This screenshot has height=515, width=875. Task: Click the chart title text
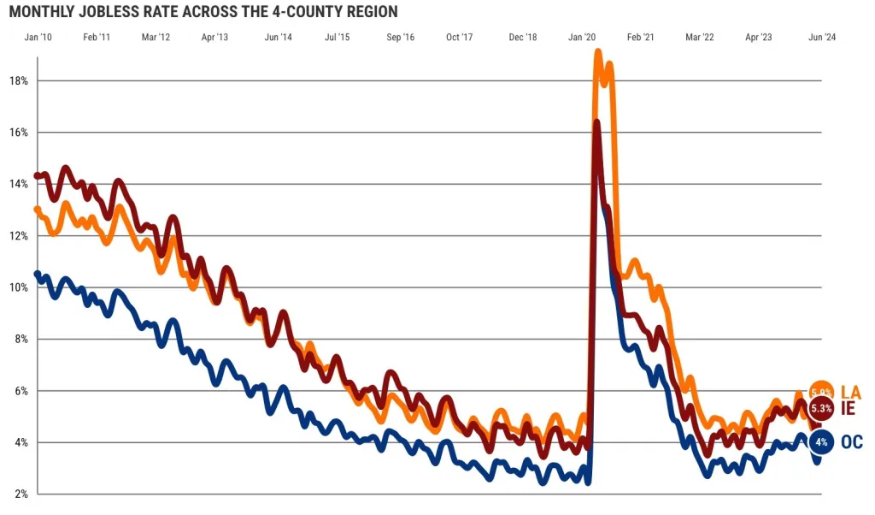tap(203, 12)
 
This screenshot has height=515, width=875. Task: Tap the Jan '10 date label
tap(38, 38)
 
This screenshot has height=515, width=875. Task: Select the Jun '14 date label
tap(279, 38)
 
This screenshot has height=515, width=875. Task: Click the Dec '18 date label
tap(522, 38)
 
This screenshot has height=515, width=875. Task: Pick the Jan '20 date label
tap(582, 38)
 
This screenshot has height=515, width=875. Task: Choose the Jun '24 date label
tap(822, 38)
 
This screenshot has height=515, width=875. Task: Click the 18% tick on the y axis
tap(18, 81)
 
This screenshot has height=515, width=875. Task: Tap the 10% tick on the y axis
tap(18, 287)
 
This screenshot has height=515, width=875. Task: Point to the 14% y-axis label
tap(18, 184)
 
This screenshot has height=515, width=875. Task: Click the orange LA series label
tap(850, 391)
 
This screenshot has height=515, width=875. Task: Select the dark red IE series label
tap(848, 408)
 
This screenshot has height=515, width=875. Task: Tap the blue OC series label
tap(851, 442)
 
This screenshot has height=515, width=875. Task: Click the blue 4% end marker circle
tap(821, 442)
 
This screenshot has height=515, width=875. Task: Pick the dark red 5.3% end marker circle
tap(821, 408)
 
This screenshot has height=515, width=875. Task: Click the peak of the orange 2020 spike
tap(600, 53)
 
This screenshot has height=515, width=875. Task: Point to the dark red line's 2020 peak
tap(596, 123)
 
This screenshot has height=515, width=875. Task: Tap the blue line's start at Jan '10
tap(37, 274)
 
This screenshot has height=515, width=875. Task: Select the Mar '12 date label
tap(156, 38)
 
